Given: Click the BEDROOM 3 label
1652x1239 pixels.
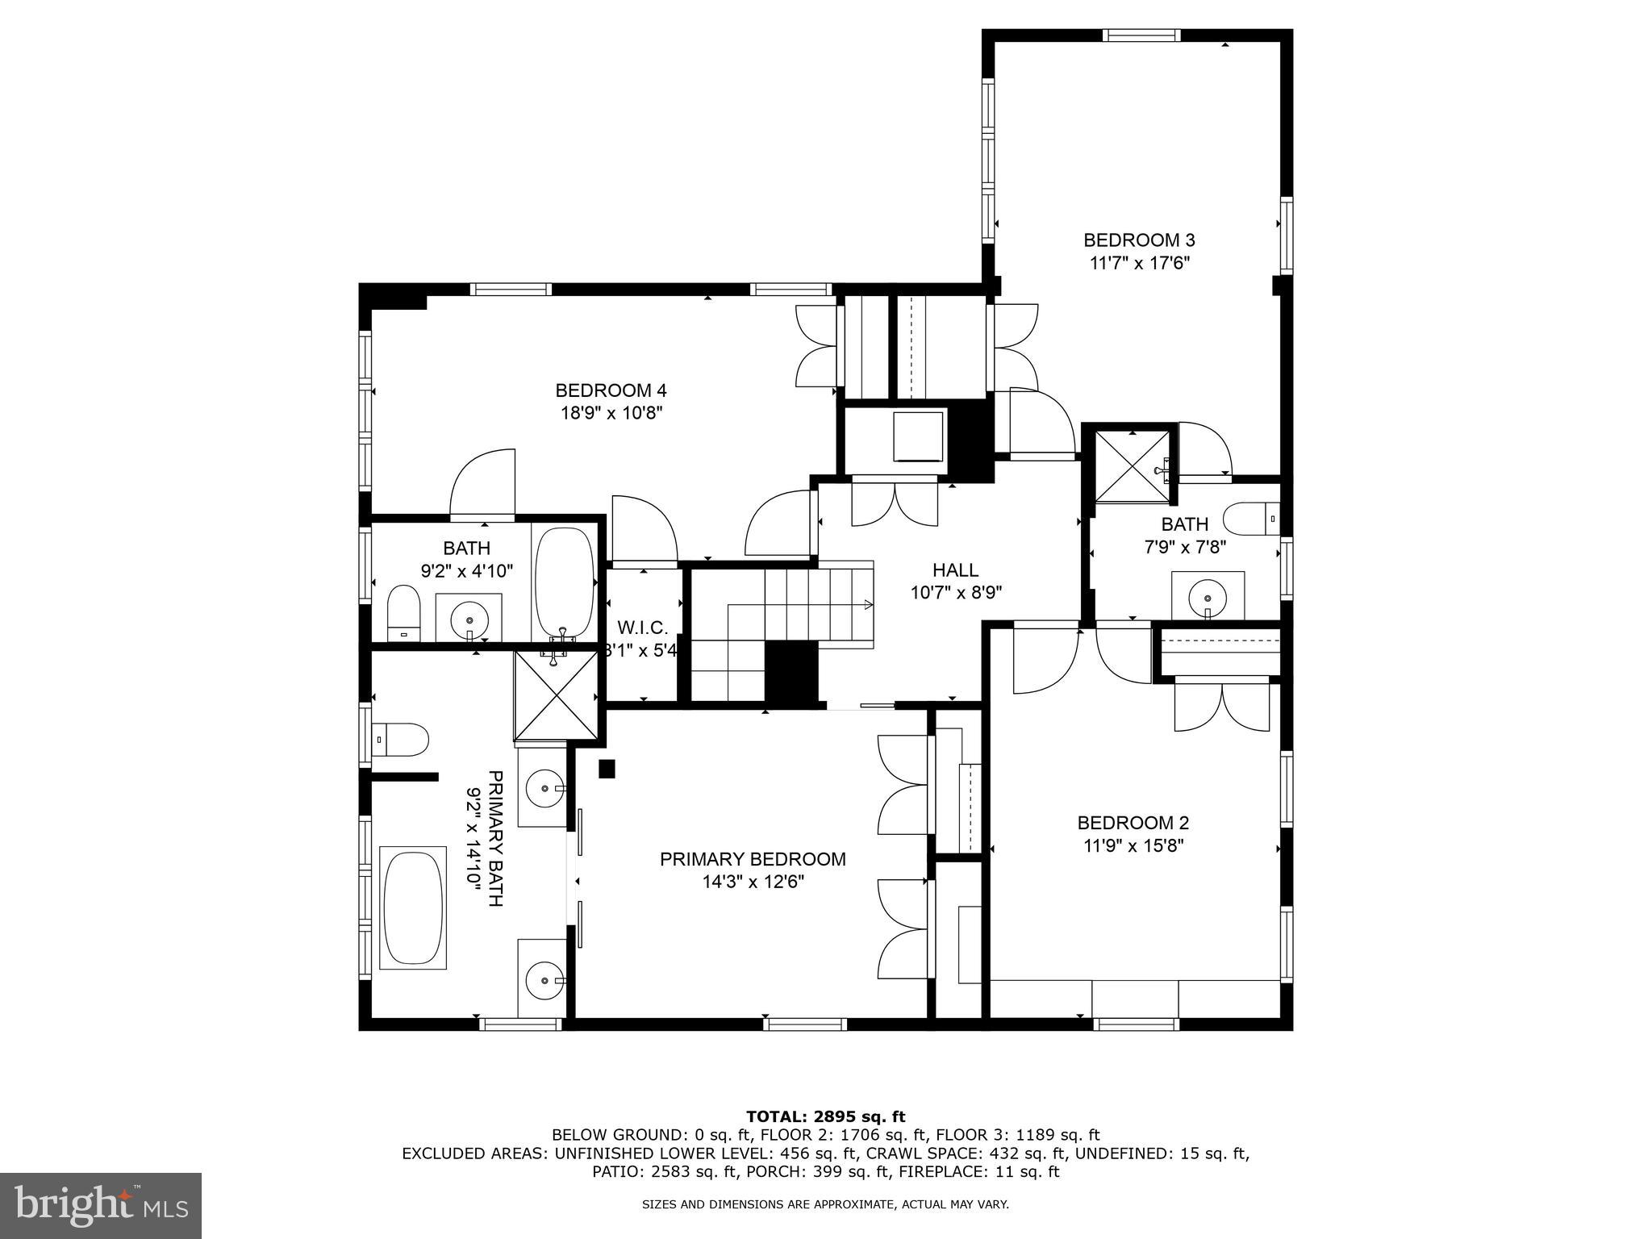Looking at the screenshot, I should click(x=1138, y=240).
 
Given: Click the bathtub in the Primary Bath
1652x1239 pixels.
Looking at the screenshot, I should click(x=413, y=907).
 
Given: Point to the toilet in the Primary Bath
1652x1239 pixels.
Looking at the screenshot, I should click(x=401, y=739).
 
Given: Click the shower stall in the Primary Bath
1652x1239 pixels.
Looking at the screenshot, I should click(x=557, y=695).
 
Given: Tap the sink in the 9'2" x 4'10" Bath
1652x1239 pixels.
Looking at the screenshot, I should click(x=469, y=619).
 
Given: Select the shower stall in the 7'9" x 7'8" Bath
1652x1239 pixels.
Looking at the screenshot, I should click(x=1132, y=467).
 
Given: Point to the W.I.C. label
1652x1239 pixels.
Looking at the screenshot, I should click(x=643, y=628).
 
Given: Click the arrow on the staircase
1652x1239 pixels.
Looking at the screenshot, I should click(x=868, y=604).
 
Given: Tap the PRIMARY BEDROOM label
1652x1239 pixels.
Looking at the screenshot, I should click(x=753, y=859).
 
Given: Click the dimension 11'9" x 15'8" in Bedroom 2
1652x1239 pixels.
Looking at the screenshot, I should click(x=1133, y=845).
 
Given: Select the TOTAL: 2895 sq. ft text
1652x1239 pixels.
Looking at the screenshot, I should click(x=825, y=1116).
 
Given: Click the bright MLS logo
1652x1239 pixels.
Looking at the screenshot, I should click(x=101, y=1205).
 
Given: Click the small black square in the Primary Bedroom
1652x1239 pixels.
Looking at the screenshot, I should click(x=607, y=769).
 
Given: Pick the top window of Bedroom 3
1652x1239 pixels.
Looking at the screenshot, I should click(x=1141, y=35).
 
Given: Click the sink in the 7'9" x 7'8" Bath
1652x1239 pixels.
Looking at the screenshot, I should click(x=1208, y=599).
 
